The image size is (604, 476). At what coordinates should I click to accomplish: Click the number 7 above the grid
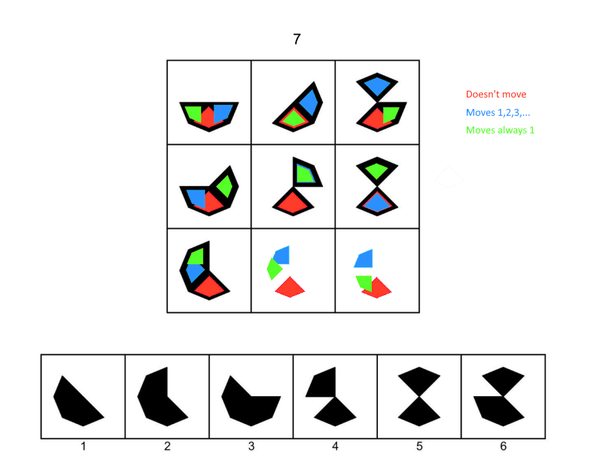[x=297, y=39]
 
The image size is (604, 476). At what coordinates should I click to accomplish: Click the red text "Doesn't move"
[x=496, y=94]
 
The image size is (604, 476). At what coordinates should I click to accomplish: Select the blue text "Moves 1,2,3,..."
[x=498, y=112]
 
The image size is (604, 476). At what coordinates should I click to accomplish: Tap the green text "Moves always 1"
[x=500, y=130]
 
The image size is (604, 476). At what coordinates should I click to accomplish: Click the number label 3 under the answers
[x=251, y=446]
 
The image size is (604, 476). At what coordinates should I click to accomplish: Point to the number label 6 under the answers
[x=503, y=446]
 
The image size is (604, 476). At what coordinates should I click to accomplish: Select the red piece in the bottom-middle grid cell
[x=290, y=287]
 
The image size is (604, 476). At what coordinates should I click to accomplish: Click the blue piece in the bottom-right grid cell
[x=364, y=258]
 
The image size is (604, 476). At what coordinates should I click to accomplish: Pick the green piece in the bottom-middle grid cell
[x=274, y=269]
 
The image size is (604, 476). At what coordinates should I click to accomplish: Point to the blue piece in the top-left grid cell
[x=221, y=113]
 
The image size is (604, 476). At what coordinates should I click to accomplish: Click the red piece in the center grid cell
[x=293, y=200]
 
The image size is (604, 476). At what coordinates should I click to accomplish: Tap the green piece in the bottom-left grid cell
[x=196, y=256]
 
